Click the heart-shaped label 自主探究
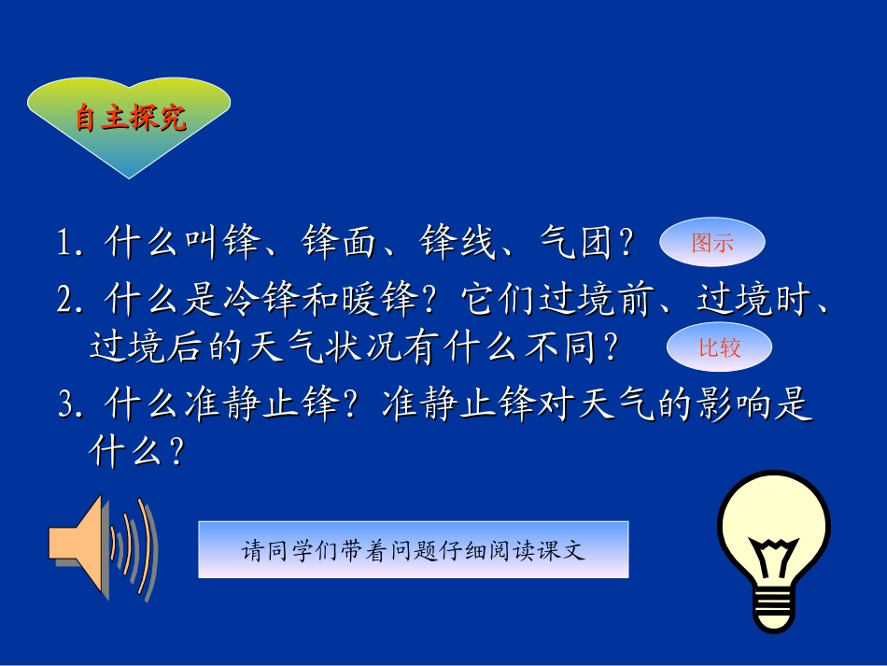click(x=130, y=120)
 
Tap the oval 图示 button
click(x=712, y=244)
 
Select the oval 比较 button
click(x=719, y=348)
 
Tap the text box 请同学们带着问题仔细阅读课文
click(x=414, y=549)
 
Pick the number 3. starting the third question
click(x=72, y=406)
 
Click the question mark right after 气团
click(x=627, y=246)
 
